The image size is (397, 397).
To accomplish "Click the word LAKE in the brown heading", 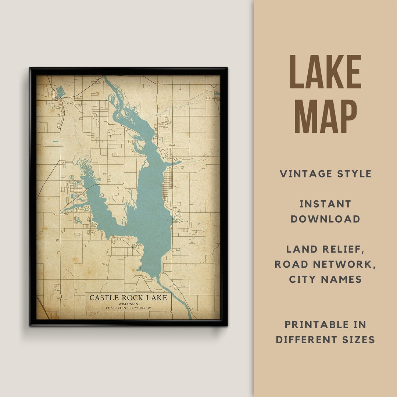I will (325, 72).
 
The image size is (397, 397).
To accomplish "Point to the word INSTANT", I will (325, 204).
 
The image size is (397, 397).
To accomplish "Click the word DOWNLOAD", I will (325, 219).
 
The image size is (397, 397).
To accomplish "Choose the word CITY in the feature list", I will (304, 279).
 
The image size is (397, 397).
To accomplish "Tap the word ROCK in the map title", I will (133, 298).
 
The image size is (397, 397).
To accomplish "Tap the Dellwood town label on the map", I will (172, 145).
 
